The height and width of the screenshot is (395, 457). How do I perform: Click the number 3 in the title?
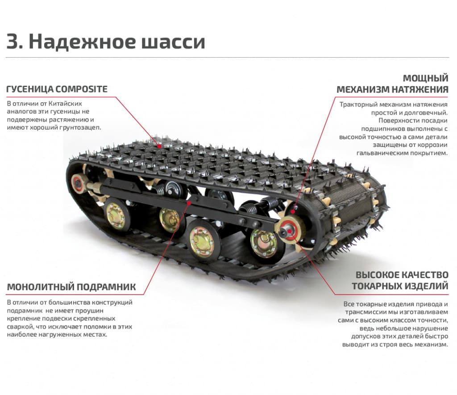point(14,42)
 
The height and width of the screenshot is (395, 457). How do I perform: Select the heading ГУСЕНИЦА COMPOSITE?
point(57,89)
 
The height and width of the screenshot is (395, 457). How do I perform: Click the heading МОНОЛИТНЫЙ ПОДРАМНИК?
point(71,287)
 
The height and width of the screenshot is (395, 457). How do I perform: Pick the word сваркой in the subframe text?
point(19,327)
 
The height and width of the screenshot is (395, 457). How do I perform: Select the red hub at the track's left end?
point(79,183)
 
